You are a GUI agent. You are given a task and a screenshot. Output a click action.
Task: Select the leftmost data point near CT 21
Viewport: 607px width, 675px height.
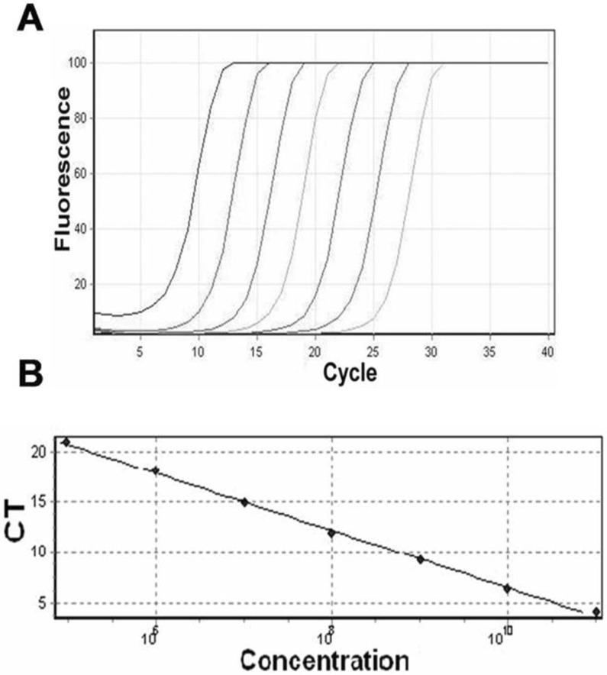pyautogui.click(x=66, y=442)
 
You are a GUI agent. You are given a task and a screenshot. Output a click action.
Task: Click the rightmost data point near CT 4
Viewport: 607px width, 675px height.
pyautogui.click(x=596, y=612)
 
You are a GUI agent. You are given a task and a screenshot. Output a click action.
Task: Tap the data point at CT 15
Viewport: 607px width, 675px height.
pyautogui.click(x=244, y=502)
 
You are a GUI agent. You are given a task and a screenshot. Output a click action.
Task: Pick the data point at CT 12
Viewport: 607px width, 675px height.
pyautogui.click(x=331, y=532)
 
